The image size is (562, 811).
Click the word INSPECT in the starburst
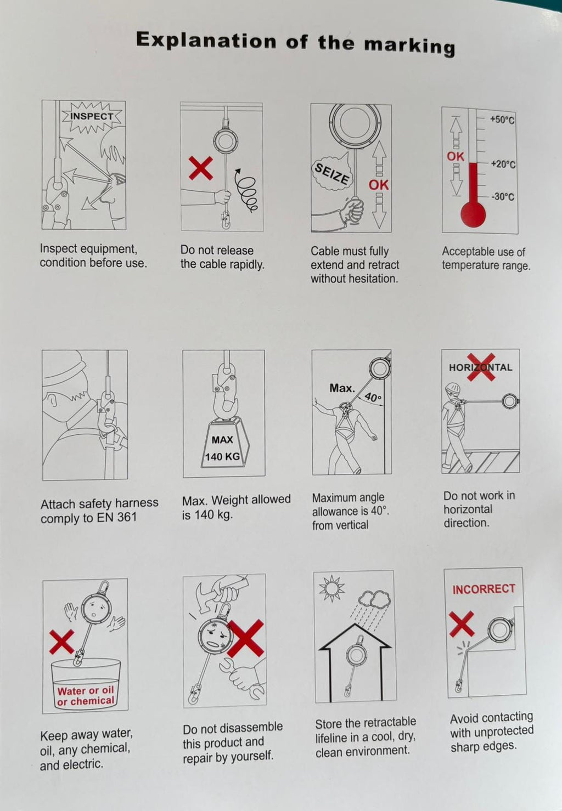92,116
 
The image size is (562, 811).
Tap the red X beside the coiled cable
200,168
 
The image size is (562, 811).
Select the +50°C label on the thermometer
502,120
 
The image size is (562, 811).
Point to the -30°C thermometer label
503,197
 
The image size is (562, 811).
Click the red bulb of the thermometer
473,214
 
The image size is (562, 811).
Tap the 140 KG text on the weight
222,457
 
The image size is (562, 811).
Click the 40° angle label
373,397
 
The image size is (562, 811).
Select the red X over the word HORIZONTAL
481,367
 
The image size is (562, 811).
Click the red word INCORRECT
484,589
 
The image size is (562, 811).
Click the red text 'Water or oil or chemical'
86,695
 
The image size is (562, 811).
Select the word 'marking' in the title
409,46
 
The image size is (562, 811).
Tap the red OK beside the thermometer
456,157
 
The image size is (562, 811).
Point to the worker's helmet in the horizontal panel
453,388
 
